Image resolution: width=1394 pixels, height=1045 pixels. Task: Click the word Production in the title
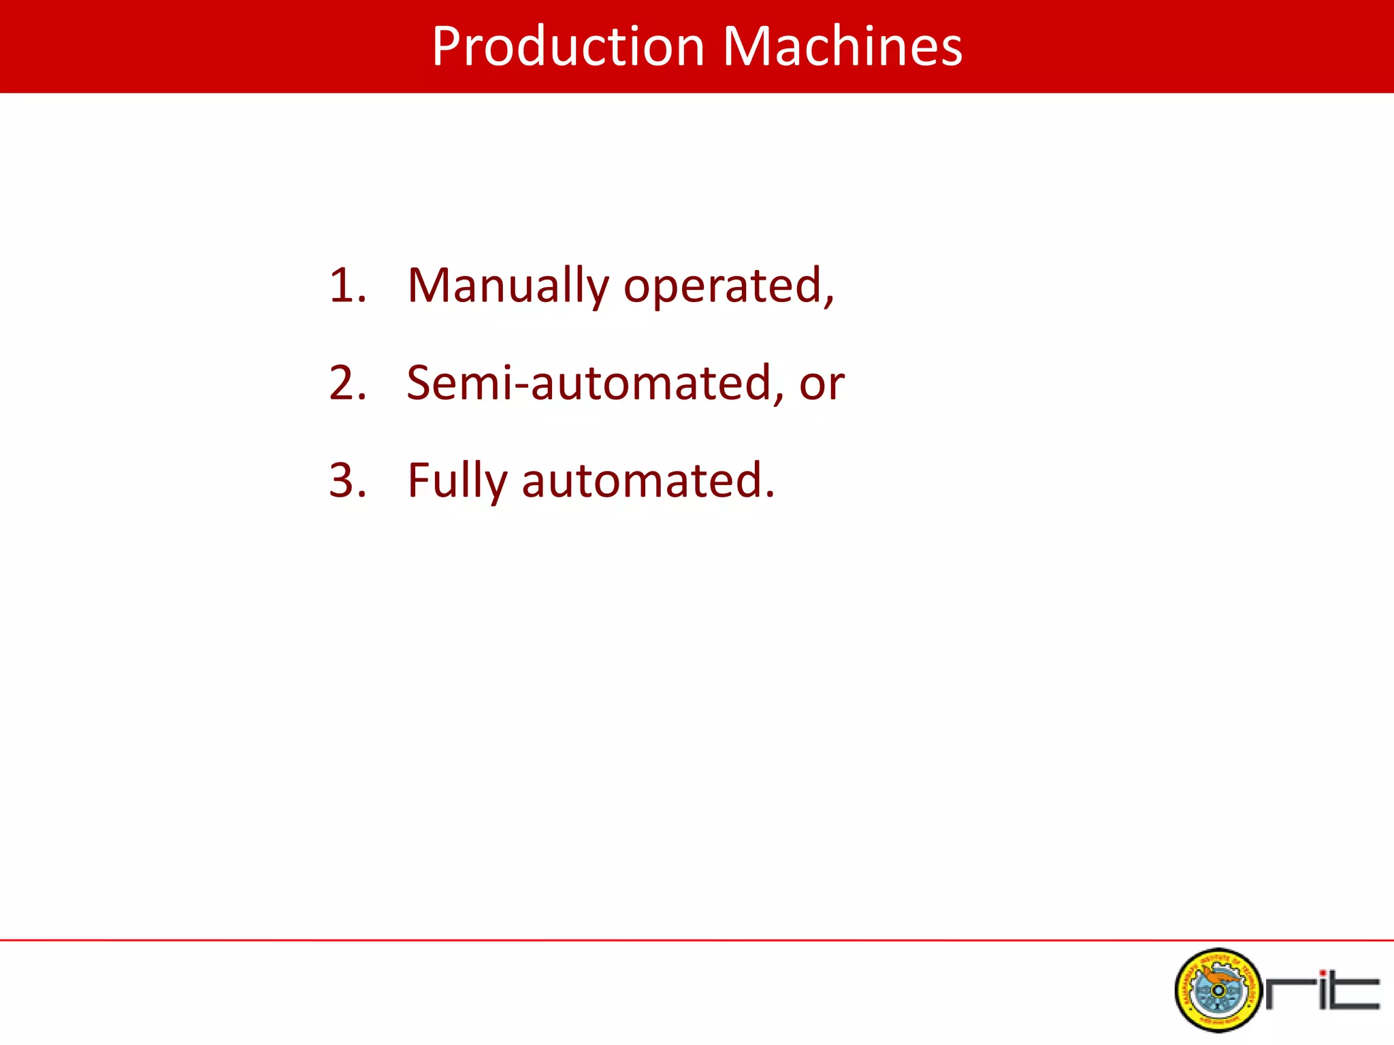(568, 46)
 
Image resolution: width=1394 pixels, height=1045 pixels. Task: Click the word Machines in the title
(842, 46)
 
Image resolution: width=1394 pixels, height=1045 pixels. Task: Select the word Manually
(508, 286)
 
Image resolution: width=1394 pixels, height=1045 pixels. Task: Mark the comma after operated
(829, 301)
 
